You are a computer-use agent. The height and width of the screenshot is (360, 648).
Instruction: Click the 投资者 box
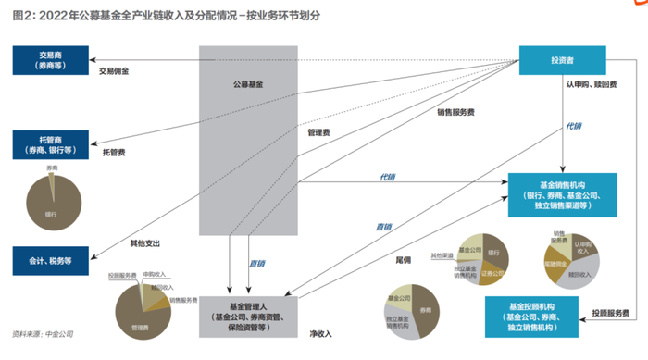(x=563, y=62)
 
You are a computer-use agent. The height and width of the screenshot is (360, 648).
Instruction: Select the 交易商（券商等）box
(x=50, y=61)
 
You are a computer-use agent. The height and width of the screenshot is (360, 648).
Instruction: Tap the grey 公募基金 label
(x=247, y=83)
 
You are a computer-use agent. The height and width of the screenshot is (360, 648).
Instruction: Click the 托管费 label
(x=114, y=151)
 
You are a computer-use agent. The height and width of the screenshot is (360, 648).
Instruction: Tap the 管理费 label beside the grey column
(x=318, y=132)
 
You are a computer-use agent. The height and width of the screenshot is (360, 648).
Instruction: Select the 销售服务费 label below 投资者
(x=455, y=113)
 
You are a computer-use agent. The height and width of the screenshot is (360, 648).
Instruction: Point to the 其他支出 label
(x=145, y=244)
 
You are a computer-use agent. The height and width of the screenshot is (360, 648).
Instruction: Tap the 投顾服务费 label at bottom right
(x=611, y=312)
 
